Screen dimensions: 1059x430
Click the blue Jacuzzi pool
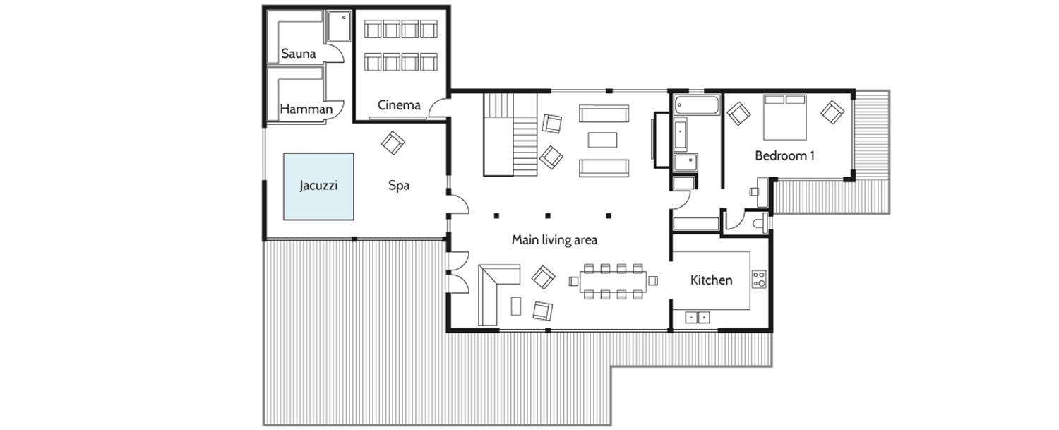[x=318, y=186]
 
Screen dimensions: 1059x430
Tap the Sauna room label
[x=299, y=54]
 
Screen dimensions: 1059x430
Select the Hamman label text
[x=306, y=109]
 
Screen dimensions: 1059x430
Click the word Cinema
[x=399, y=105]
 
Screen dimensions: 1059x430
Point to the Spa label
[x=399, y=186]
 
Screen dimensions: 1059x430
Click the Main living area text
[x=554, y=240]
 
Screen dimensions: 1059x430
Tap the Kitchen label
[x=712, y=280]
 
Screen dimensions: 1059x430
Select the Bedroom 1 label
[x=785, y=155]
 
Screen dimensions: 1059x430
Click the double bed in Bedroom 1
[x=785, y=117]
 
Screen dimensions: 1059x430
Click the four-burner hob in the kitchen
[x=759, y=279]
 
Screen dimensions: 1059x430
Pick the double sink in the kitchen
[x=698, y=317]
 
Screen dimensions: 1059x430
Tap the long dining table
[x=614, y=282]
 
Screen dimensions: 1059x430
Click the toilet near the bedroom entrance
[x=760, y=223]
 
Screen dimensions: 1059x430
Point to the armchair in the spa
[x=393, y=143]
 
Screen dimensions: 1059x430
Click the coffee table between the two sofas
[x=602, y=140]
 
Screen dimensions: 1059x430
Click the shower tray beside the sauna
[x=338, y=27]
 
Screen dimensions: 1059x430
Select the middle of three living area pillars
[x=547, y=216]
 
